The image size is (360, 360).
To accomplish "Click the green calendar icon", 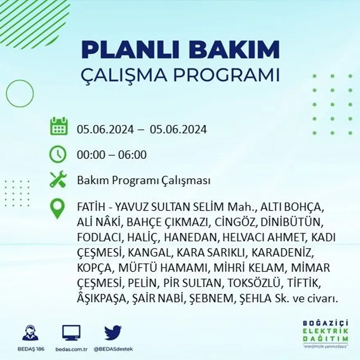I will tap(59, 126).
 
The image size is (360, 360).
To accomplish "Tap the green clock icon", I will tap(58, 154).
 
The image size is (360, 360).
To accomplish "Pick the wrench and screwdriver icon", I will tap(58, 180).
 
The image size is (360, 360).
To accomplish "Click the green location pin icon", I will tap(58, 209).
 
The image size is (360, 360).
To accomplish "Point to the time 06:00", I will tap(132, 155).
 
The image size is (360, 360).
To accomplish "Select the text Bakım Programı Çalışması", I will tap(144, 180).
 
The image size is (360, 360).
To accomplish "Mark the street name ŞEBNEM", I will tap(209, 299).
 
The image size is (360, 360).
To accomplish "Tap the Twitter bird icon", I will tap(112, 333).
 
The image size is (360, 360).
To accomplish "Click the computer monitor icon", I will tap(71, 333).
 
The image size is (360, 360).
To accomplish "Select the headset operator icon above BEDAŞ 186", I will tap(30, 333).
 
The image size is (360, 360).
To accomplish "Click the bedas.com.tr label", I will tap(71, 349).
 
